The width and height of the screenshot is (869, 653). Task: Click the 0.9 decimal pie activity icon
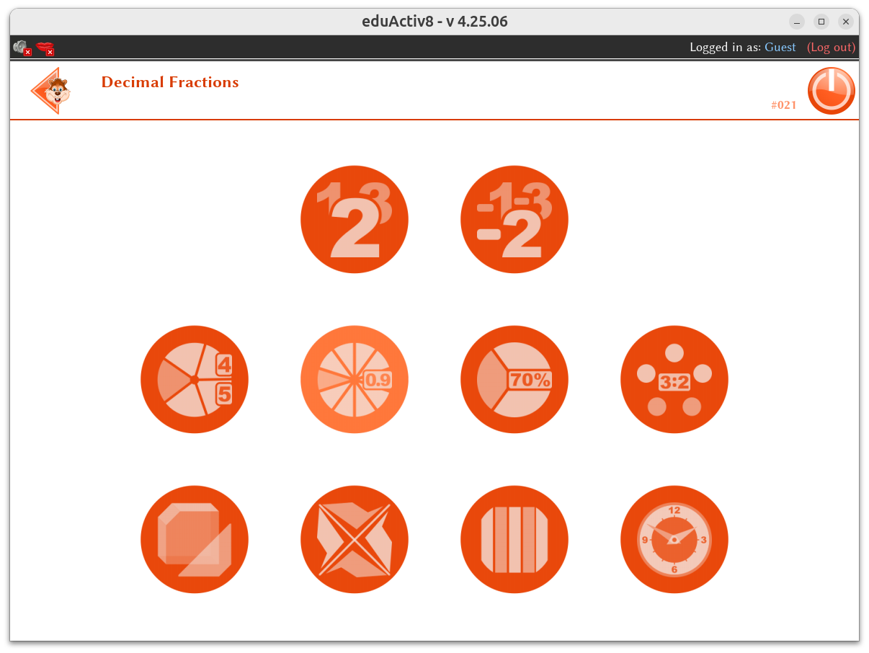point(355,379)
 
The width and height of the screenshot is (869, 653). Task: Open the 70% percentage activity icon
point(514,379)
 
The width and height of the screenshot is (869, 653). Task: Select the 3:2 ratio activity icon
point(674,379)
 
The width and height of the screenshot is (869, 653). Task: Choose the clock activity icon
point(674,539)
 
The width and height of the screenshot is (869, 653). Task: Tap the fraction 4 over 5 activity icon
point(195,379)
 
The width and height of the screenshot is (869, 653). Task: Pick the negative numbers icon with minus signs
point(514,219)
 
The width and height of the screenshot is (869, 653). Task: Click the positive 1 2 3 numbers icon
point(355,219)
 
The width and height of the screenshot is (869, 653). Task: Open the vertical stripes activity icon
point(514,539)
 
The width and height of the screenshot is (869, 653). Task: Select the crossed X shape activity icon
point(355,539)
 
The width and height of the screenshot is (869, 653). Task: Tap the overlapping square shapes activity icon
point(195,539)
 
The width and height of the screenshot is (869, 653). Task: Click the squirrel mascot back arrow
point(51,91)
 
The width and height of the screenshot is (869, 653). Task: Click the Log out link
point(831,47)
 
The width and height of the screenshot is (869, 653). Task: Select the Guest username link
point(780,47)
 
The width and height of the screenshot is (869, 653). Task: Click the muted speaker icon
point(22,48)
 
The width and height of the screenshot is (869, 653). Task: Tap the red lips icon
point(45,48)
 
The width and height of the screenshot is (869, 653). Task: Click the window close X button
point(846,22)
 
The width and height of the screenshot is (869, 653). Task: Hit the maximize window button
point(821,22)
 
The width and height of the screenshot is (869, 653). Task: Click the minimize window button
point(796,22)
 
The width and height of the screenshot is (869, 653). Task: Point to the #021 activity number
point(783,105)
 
